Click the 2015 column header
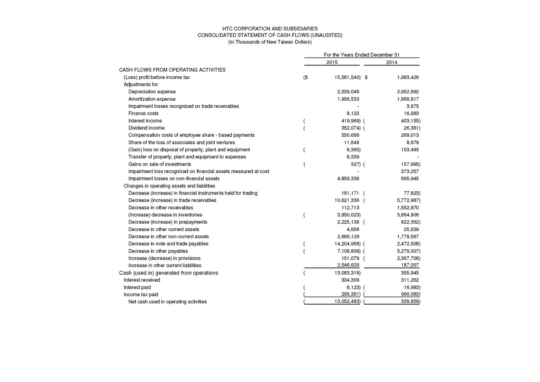[x=332, y=62]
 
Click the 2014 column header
[x=391, y=62]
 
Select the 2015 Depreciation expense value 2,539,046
[x=348, y=92]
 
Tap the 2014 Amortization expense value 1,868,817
[x=408, y=99]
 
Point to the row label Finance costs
[x=143, y=113]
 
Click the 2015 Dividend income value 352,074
[x=351, y=128]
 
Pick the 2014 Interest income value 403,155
[x=410, y=121]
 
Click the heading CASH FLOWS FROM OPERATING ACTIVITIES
[x=172, y=70]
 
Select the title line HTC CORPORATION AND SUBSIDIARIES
[x=270, y=29]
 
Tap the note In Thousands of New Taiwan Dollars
[x=270, y=42]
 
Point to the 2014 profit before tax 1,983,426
[x=408, y=77]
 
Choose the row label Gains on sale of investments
[x=160, y=164]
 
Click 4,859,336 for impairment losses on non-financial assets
[x=348, y=179]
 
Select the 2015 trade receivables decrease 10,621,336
[x=347, y=200]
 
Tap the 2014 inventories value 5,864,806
[x=408, y=215]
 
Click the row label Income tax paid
[x=141, y=295]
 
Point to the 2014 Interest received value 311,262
[x=409, y=280]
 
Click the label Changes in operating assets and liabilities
[x=169, y=186]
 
